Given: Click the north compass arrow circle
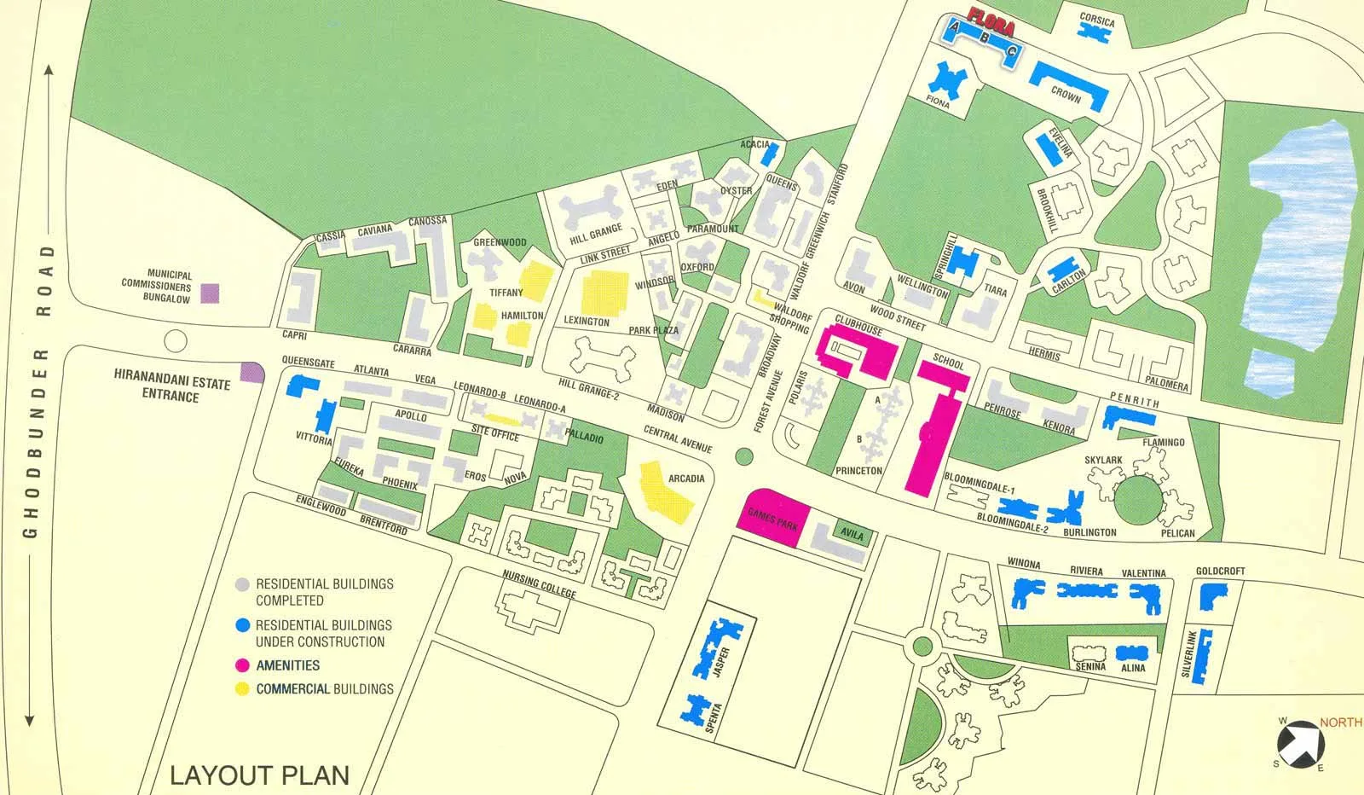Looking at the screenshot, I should coord(1303,741).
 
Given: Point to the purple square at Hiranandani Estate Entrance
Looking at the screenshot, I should coord(251,372).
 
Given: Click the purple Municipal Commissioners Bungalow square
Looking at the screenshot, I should coord(210,293).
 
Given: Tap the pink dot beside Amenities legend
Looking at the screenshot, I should coord(242,665).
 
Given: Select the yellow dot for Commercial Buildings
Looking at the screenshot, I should coord(242,689).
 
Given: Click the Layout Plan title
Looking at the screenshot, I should coord(259,775).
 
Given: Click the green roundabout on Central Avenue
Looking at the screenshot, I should coord(744,456).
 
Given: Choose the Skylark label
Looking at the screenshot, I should coord(1103,461).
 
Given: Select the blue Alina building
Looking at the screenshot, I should coord(1131,653).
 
